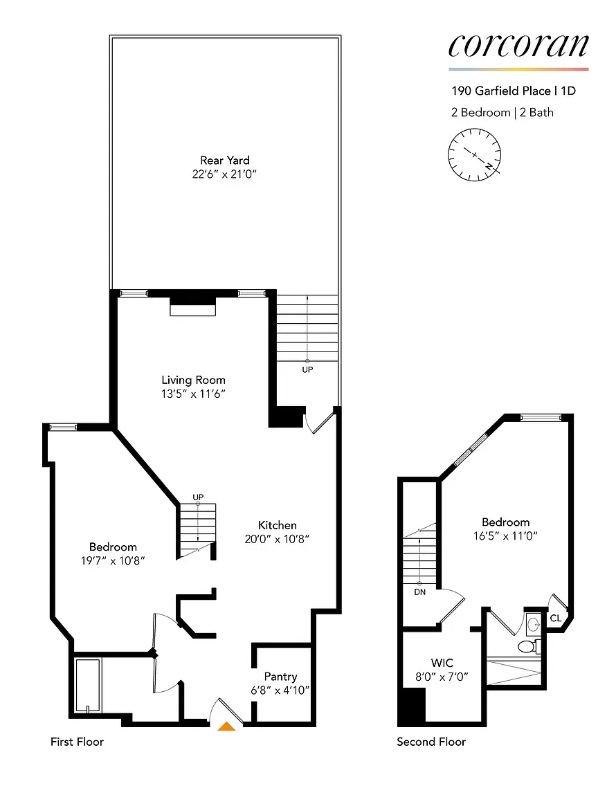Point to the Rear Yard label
tap(225, 161)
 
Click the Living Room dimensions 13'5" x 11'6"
tap(194, 394)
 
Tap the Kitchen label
tap(278, 525)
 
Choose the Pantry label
tap(280, 676)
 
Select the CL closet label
tap(556, 618)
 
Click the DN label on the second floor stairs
tap(419, 594)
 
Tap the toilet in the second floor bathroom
tap(529, 647)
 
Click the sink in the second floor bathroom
tap(532, 625)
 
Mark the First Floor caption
tap(77, 742)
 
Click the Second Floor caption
tap(431, 742)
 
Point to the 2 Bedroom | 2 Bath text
tap(502, 112)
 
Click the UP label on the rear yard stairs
tap(307, 369)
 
